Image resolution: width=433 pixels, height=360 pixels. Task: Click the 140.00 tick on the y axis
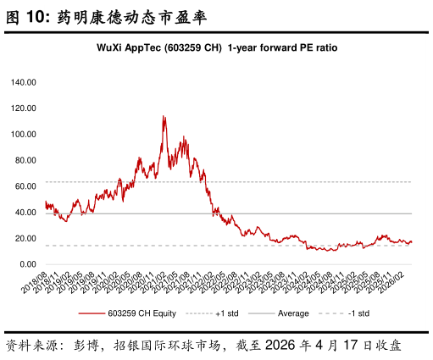coord(24,82)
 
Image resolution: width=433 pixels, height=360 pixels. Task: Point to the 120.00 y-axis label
coord(24,108)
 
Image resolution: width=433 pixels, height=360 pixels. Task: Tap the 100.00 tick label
coord(24,135)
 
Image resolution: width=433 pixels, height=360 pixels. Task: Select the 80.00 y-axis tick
coord(25,160)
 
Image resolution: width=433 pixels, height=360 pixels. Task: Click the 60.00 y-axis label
coord(25,186)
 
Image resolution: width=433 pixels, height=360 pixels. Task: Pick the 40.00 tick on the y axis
coord(25,213)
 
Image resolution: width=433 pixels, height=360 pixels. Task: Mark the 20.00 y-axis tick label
coord(25,239)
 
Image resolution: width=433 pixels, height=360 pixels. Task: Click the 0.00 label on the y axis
coord(28,264)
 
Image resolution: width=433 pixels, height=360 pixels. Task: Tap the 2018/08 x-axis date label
coord(35,283)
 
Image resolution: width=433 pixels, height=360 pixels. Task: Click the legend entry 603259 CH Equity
coord(127,313)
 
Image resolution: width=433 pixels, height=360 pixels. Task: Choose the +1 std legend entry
coord(213,313)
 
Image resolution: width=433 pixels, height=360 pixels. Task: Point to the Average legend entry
coord(279,313)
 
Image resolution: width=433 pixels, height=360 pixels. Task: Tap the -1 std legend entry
coord(344,313)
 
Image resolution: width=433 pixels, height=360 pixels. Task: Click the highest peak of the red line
coord(164,116)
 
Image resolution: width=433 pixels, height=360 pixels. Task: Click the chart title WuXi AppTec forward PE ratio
coord(217,47)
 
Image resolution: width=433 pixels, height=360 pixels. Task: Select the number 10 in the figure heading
coord(36,17)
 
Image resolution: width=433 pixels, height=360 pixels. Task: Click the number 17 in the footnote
coord(351,345)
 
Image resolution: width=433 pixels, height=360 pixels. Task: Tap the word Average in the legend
coord(293,313)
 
